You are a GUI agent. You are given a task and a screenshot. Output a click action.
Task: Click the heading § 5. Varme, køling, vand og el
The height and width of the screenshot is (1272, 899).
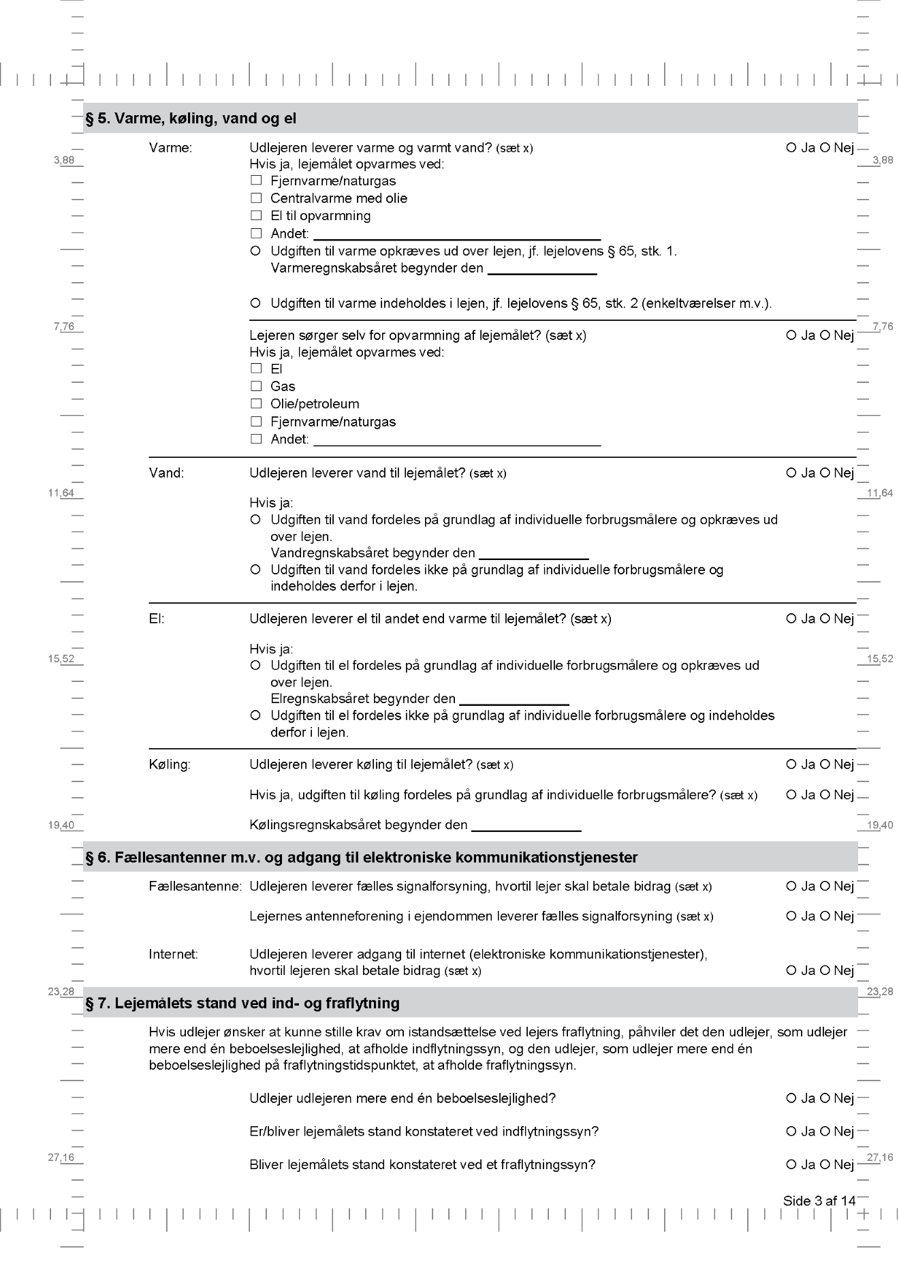click(191, 119)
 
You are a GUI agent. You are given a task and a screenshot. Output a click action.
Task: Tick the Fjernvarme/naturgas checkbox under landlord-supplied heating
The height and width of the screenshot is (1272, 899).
click(256, 181)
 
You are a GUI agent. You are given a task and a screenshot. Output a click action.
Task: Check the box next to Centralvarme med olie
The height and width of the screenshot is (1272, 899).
click(256, 198)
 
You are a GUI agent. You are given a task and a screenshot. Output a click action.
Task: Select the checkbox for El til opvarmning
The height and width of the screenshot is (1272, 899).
click(256, 215)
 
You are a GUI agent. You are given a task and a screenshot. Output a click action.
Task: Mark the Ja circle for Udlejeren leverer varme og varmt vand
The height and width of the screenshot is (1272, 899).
click(791, 147)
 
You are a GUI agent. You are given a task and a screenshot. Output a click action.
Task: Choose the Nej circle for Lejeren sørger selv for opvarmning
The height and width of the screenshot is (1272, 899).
click(825, 335)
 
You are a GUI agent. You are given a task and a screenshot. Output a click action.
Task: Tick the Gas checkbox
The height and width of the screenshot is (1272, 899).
click(256, 386)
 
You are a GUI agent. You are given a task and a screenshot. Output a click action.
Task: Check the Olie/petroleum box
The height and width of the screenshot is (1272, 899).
click(256, 403)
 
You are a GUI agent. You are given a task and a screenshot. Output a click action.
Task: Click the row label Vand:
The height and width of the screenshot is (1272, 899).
click(166, 473)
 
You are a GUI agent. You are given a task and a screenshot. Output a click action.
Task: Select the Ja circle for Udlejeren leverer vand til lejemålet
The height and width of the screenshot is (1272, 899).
click(791, 473)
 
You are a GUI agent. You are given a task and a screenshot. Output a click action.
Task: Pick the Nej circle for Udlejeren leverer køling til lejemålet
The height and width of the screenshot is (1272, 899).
click(825, 764)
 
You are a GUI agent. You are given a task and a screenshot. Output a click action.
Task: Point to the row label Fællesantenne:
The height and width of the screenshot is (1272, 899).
click(195, 886)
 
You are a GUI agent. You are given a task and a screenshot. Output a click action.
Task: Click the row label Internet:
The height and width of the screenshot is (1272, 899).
click(173, 955)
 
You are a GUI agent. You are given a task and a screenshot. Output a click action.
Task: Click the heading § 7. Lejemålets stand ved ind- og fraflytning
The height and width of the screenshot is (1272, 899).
click(242, 1003)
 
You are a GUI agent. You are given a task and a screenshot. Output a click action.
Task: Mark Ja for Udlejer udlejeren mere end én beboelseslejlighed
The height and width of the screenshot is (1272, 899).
click(791, 1098)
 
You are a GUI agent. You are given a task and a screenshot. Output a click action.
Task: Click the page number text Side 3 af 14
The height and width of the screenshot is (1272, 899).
click(819, 1200)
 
